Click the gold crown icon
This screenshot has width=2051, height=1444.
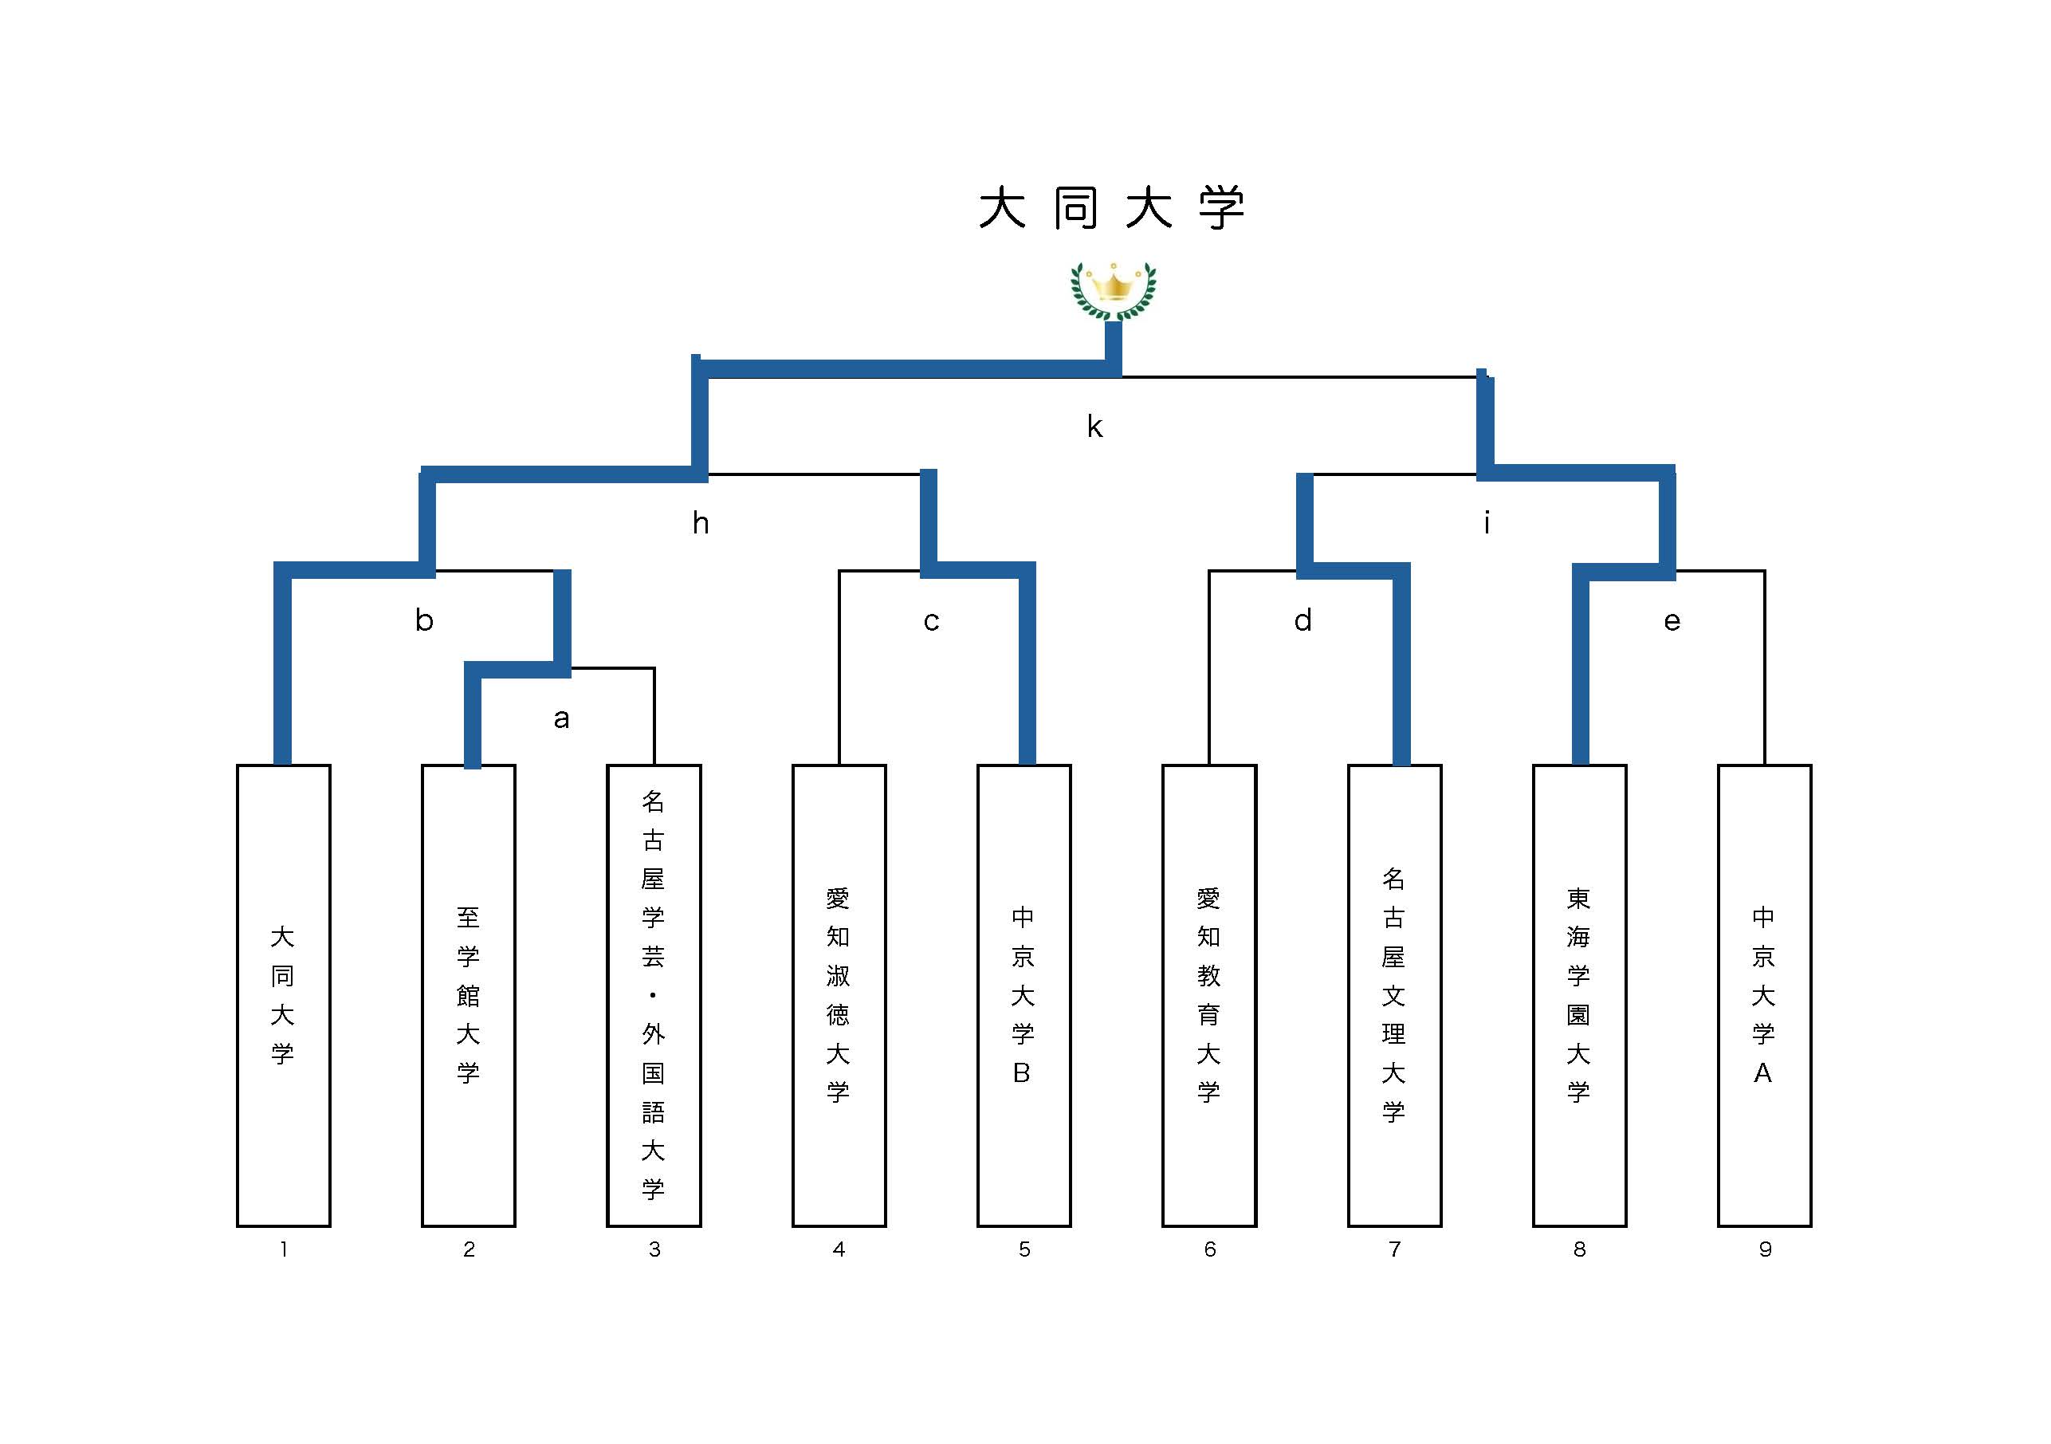pos(1113,290)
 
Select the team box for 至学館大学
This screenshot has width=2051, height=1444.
pos(468,994)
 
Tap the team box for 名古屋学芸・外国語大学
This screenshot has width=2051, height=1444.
pos(653,994)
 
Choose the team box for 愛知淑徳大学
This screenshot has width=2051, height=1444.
pos(838,994)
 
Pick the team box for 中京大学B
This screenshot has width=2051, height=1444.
pos(1024,994)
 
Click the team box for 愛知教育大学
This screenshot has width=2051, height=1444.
pos(1208,994)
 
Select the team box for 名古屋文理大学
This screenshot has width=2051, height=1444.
pos(1393,994)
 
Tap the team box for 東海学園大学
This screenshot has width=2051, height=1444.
pos(1578,994)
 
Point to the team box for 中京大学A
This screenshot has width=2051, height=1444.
pos(1763,994)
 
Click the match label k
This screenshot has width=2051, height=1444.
pos(1094,427)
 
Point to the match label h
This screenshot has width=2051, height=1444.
pos(701,524)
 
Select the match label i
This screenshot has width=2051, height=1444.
pos(1487,523)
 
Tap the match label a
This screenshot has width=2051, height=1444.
pos(561,718)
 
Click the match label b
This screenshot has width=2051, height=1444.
pos(424,620)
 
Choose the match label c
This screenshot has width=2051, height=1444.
pos(931,621)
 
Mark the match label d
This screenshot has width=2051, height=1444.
pos(1303,620)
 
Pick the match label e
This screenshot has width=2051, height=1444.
pos(1672,621)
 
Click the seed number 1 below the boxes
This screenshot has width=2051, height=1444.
pos(283,1249)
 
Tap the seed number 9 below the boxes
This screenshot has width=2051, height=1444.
pos(1764,1249)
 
